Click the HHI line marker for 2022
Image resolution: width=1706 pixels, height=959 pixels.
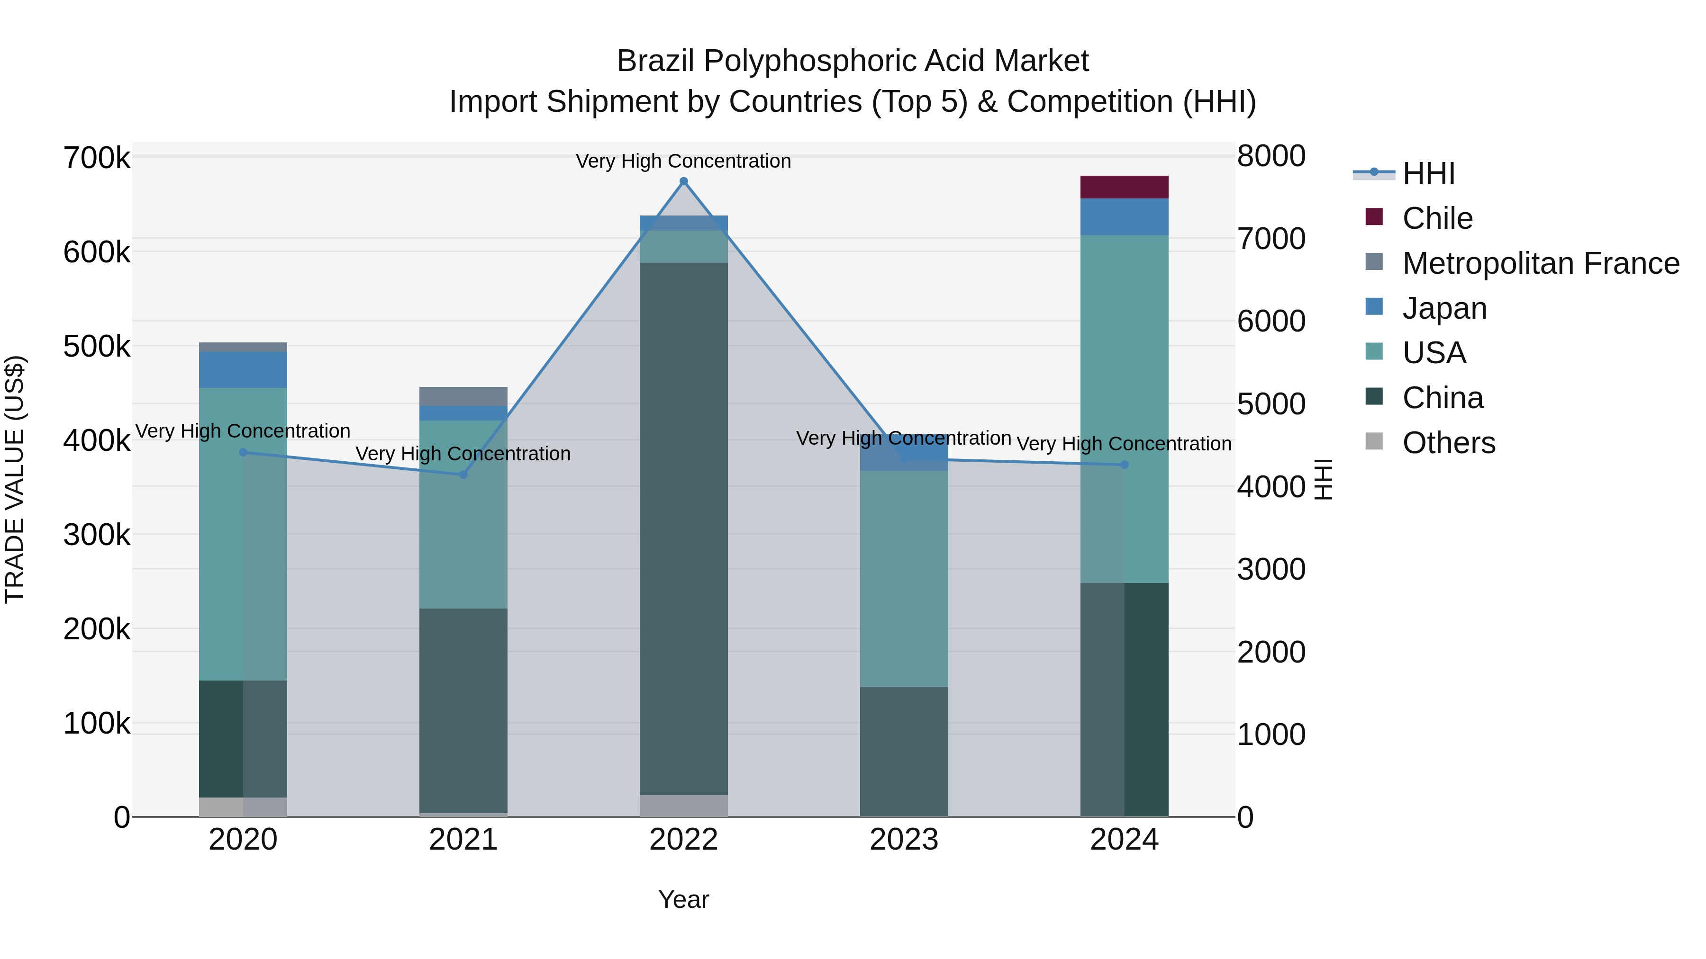click(x=683, y=181)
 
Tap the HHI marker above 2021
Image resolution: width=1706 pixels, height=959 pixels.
click(x=463, y=475)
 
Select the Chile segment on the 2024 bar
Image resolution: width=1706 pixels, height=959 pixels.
click(x=1124, y=187)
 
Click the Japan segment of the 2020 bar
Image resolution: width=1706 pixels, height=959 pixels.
click(x=243, y=370)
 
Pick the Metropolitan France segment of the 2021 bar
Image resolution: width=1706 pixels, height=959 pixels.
click(x=463, y=396)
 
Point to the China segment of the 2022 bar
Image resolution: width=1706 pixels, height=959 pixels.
click(x=683, y=529)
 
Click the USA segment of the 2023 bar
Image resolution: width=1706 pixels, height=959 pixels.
click(x=904, y=579)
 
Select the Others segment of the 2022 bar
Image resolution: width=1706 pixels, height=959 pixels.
click(x=683, y=806)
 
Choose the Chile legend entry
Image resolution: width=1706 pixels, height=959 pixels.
click(x=1437, y=218)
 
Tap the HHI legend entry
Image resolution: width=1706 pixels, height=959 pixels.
click(x=1428, y=173)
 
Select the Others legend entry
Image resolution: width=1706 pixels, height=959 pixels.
click(x=1448, y=443)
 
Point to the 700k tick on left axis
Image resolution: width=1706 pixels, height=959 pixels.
click(x=97, y=159)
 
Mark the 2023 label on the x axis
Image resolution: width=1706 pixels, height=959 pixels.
click(x=904, y=840)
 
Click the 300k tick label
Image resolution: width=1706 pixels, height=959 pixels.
click(x=97, y=535)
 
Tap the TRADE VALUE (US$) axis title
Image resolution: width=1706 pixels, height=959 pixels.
click(x=15, y=479)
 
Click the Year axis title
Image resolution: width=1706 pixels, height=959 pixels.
click(x=683, y=899)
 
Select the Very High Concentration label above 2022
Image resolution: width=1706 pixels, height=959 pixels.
click(x=683, y=161)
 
